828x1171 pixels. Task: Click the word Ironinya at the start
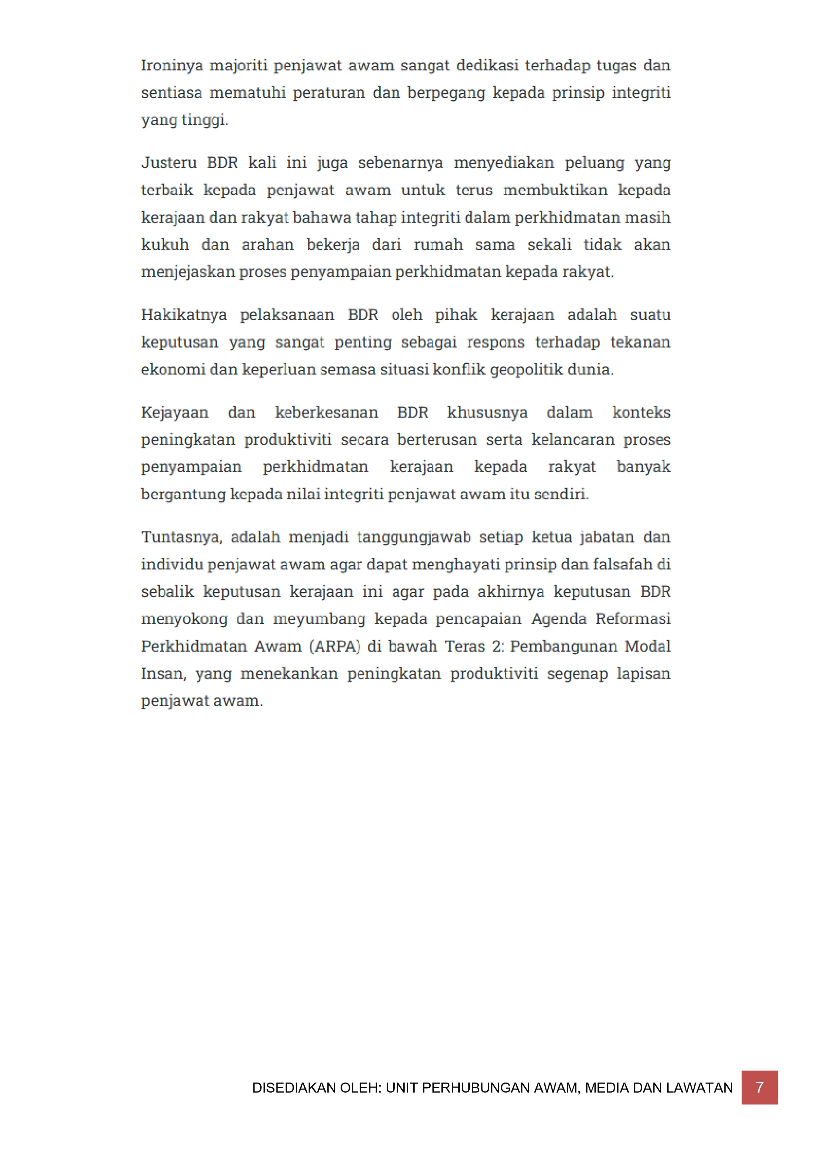coord(172,66)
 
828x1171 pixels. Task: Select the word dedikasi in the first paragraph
coord(486,66)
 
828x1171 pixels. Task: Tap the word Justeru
coord(169,163)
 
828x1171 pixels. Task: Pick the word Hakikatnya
coord(184,315)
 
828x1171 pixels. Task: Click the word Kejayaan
coord(175,413)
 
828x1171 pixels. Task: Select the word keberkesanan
coord(326,413)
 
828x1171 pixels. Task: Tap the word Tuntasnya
coord(181,537)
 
